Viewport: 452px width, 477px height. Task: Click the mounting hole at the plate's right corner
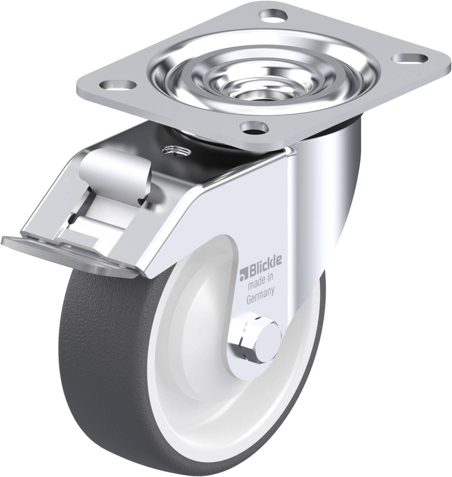[x=411, y=59]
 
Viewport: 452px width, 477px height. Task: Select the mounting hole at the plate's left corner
[x=118, y=85]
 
